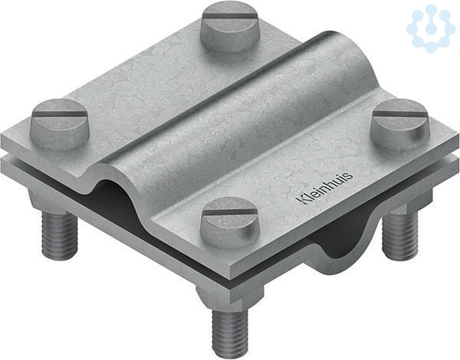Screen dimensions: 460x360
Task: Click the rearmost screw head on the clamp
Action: click(229, 27)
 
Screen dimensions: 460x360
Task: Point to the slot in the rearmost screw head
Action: click(230, 14)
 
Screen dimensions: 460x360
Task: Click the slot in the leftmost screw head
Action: click(60, 113)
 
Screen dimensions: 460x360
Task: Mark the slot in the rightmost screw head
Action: click(400, 113)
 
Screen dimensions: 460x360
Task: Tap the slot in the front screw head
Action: click(230, 211)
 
